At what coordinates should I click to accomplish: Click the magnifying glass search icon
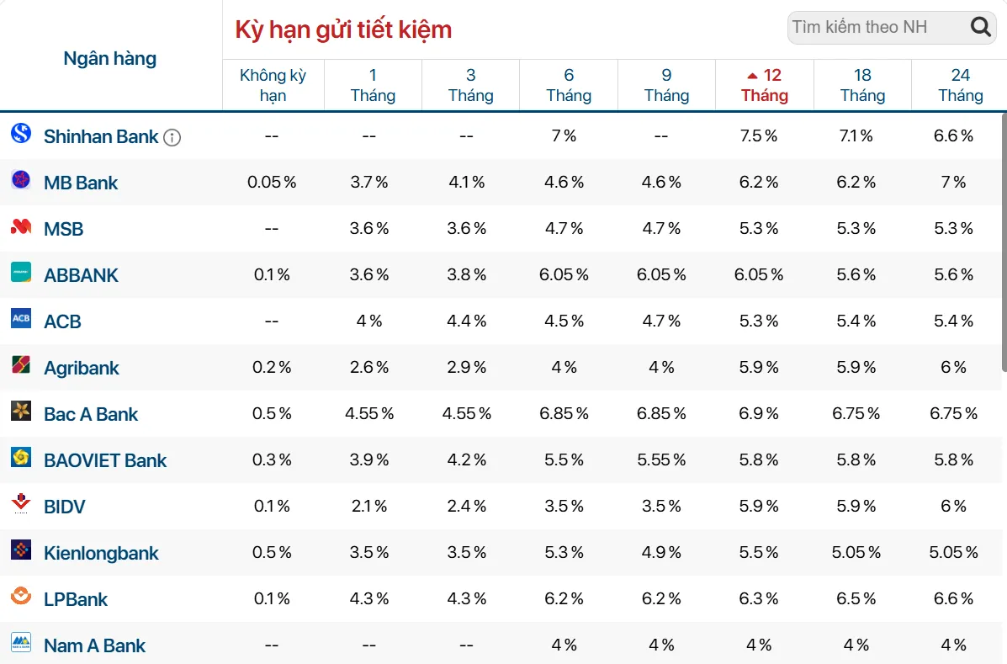(980, 27)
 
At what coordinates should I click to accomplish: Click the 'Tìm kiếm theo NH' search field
(892, 28)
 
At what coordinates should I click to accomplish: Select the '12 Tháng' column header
(764, 85)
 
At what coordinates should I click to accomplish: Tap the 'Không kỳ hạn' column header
(273, 85)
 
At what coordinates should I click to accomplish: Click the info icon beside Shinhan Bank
(172, 137)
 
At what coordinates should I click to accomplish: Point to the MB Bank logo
(21, 180)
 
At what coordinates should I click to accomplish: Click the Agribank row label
(81, 368)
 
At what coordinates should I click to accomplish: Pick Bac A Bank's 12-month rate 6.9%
(759, 413)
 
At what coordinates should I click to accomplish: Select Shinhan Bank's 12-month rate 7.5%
(759, 136)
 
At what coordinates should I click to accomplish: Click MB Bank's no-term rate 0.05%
(272, 183)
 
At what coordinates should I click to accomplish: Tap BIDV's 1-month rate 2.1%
(369, 506)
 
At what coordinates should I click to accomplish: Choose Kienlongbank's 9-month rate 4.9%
(661, 552)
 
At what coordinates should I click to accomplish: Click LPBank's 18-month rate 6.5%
(856, 598)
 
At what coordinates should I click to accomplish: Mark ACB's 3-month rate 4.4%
(467, 321)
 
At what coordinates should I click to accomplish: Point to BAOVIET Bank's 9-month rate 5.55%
(661, 459)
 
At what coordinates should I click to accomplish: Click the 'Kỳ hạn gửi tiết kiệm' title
(343, 30)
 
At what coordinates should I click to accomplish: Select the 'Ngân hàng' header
(110, 58)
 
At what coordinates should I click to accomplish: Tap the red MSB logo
(21, 226)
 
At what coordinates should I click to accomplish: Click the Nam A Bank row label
(94, 645)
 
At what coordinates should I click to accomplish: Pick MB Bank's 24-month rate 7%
(954, 183)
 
